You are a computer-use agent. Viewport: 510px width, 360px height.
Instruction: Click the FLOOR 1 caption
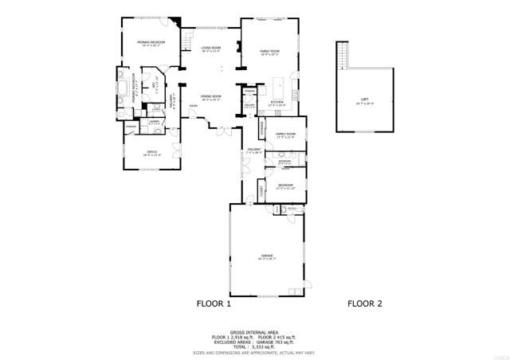(214, 303)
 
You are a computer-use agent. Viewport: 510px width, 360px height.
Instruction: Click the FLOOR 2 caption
(366, 303)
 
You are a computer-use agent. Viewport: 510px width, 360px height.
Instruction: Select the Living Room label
(211, 49)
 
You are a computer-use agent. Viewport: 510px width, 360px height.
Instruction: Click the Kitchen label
(277, 103)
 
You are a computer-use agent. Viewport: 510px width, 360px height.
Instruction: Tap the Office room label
(151, 152)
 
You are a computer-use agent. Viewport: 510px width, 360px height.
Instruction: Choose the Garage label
(266, 256)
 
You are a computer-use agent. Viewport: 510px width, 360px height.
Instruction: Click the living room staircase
(188, 37)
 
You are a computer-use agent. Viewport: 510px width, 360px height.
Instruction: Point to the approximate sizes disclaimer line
(254, 352)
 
